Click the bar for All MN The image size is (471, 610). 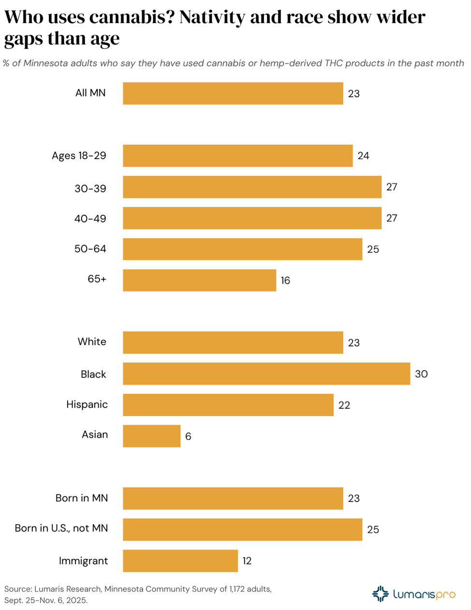233,94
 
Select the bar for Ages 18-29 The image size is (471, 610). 238,156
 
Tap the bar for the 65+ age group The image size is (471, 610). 200,280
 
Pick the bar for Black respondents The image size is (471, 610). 266,374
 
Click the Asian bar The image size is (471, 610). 152,436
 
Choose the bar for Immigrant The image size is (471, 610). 180,561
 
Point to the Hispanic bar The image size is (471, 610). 228,405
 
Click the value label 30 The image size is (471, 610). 421,374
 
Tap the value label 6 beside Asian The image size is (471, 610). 188,436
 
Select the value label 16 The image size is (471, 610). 285,280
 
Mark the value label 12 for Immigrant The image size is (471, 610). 247,561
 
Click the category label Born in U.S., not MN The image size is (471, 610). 61,528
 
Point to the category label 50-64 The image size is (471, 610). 90,249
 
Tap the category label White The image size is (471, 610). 92,342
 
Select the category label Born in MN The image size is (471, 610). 82,498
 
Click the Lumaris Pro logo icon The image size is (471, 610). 380,594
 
